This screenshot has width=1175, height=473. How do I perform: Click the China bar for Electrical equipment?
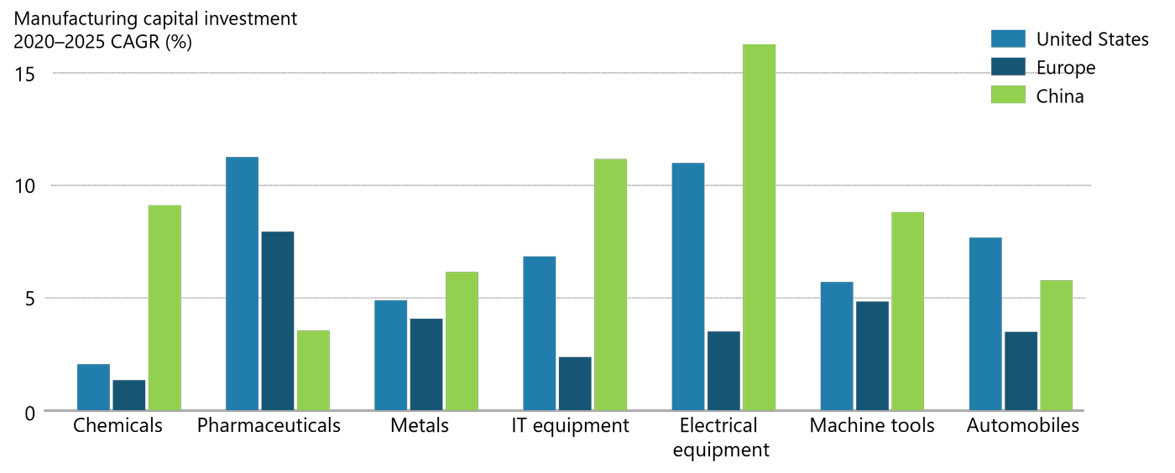759,227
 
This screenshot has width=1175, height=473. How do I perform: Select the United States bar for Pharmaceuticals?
242,283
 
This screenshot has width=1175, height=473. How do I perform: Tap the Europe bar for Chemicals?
129,395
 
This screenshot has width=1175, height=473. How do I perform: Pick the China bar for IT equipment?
610,284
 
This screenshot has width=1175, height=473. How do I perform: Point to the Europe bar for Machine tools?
872,356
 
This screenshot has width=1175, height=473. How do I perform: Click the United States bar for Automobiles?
985,324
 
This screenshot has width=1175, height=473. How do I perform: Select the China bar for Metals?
462,340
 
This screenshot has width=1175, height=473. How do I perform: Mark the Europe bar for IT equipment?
575,383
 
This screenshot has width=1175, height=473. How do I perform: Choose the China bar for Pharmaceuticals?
313,370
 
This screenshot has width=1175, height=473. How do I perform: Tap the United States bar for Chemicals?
93,387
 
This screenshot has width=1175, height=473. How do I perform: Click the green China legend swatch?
1008,95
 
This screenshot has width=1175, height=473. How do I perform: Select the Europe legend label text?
1066,68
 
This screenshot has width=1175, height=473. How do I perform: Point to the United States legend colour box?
1008,39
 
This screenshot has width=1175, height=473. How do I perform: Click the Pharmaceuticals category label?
269,426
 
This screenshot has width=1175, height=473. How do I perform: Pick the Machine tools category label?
872,426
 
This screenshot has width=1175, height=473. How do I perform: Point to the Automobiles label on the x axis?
1023,426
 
